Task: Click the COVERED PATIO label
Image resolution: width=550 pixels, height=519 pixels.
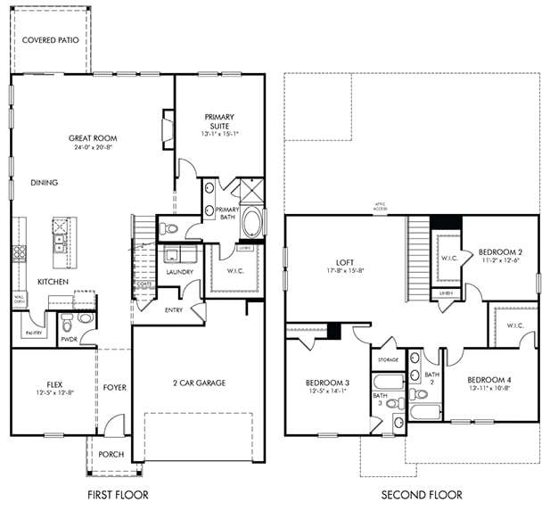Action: [50, 39]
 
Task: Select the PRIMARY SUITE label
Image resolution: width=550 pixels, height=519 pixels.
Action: [219, 117]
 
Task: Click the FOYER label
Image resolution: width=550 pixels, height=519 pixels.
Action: [114, 388]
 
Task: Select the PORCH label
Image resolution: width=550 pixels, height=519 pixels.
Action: [111, 454]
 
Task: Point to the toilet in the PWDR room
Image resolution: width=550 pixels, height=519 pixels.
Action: [85, 317]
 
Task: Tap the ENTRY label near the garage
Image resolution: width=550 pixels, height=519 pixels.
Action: [175, 310]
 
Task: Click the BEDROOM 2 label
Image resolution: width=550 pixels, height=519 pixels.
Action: [499, 251]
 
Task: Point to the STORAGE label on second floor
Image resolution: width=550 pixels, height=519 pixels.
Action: [388, 359]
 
